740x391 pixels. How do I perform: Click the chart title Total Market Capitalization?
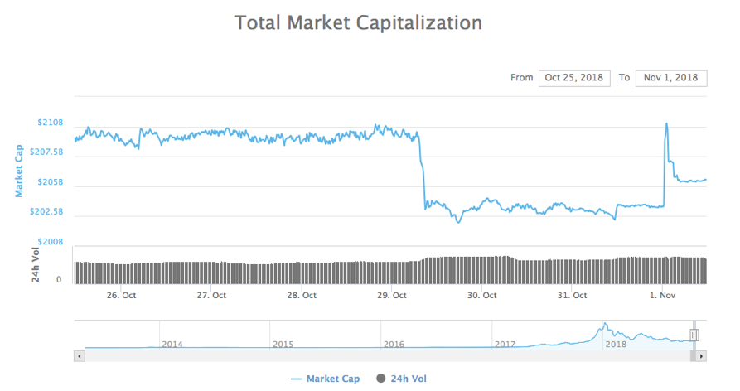point(358,22)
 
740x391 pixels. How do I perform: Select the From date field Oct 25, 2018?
point(574,78)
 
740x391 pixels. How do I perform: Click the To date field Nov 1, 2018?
point(671,78)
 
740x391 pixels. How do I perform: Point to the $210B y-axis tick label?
point(50,123)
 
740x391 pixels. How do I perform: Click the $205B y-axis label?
point(50,182)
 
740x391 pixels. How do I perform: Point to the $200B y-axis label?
point(50,242)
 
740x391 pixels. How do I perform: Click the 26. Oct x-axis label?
point(122,295)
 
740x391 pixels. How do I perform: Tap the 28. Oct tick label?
point(302,295)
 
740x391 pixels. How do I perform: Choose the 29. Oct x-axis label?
point(393,295)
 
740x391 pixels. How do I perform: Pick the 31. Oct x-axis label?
point(573,295)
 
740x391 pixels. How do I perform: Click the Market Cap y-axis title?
point(18,170)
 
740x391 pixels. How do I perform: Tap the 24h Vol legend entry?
point(407,379)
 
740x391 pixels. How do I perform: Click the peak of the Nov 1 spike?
point(666,123)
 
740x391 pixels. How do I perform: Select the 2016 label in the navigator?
point(394,344)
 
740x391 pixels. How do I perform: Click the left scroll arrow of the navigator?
point(80,356)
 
